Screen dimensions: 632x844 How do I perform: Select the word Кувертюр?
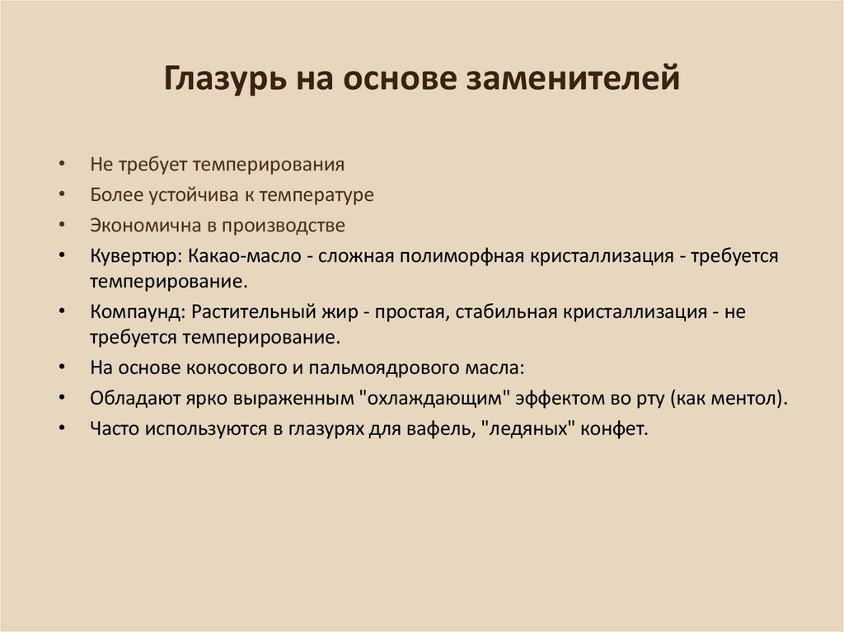coord(132,255)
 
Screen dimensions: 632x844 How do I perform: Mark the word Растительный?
coord(241,313)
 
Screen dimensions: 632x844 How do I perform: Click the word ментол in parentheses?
coord(747,400)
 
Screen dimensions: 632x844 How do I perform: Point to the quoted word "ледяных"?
coord(526,429)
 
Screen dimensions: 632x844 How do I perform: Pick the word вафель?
coord(448,429)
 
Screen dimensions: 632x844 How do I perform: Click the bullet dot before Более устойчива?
coord(63,195)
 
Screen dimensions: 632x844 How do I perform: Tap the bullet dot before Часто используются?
coord(63,430)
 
